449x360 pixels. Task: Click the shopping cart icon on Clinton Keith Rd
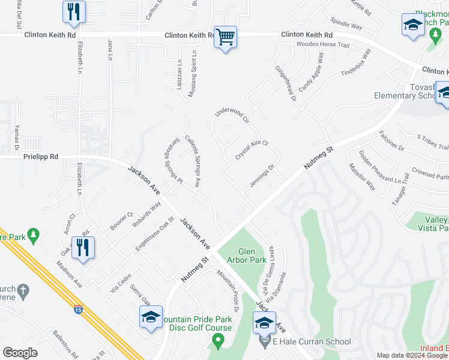click(225, 37)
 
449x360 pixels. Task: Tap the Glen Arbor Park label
click(247, 256)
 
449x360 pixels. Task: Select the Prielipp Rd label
click(41, 157)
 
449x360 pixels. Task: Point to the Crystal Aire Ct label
click(251, 150)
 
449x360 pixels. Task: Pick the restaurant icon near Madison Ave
click(83, 248)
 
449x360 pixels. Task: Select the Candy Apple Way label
click(312, 71)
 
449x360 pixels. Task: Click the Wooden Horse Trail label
click(322, 45)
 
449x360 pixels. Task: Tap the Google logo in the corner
click(20, 353)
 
